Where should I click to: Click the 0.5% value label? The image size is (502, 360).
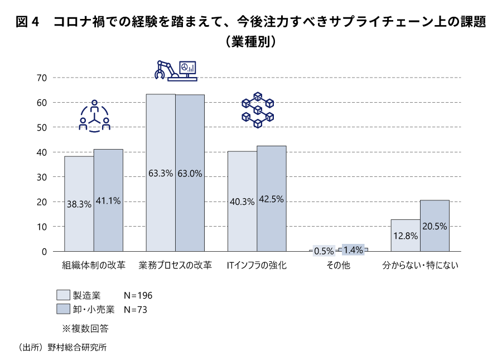click(324, 251)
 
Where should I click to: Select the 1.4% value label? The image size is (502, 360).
click(353, 249)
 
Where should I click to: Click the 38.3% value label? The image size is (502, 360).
click(79, 204)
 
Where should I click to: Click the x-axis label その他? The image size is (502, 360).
click(339, 266)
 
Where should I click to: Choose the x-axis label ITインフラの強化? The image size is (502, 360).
click(257, 266)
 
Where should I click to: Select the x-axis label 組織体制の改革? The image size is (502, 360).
click(94, 266)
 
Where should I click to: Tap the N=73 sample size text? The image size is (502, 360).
click(135, 309)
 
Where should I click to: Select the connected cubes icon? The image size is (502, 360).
click(258, 110)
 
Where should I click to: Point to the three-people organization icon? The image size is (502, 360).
click(94, 117)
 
